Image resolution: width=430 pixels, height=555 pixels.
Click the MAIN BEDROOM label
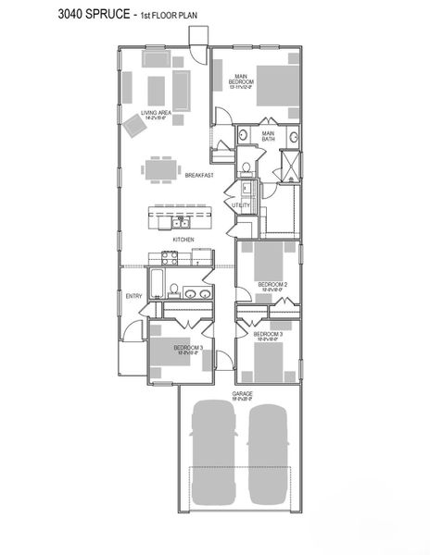click(242, 80)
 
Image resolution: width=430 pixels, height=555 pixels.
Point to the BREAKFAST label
click(199, 175)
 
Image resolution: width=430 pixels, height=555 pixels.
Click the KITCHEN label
click(183, 240)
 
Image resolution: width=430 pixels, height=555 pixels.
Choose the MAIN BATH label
click(268, 137)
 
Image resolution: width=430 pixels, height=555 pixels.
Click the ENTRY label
click(134, 296)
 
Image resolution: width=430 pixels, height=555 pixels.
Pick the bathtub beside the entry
click(157, 283)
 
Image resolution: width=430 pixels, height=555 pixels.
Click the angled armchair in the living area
click(136, 129)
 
